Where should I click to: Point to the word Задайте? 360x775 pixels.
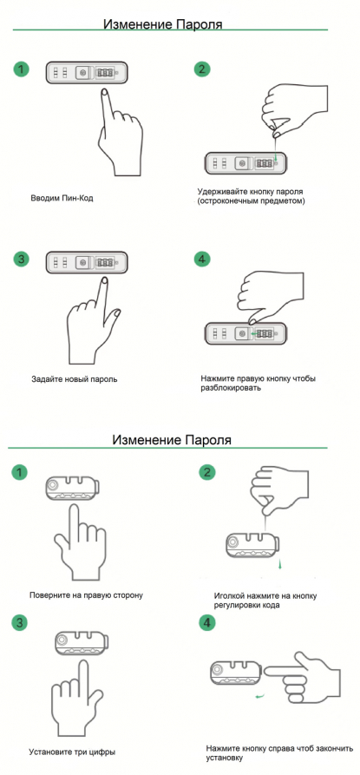click(x=44, y=379)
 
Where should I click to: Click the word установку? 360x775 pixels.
click(x=226, y=758)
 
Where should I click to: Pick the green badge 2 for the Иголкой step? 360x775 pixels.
click(x=206, y=472)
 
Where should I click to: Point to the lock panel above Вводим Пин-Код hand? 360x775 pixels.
click(x=87, y=73)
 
